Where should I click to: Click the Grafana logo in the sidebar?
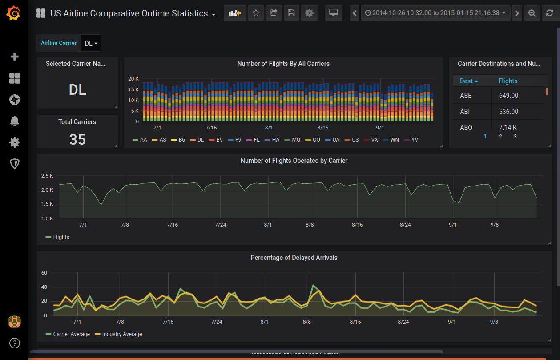(x=14, y=14)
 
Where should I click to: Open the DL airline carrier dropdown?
(x=91, y=43)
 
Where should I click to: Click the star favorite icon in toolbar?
(x=256, y=13)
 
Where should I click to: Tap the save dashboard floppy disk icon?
(x=291, y=13)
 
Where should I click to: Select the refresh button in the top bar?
(x=549, y=13)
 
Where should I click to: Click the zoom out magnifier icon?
(x=532, y=13)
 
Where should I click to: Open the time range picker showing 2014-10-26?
(x=435, y=13)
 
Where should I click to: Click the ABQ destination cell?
(x=466, y=128)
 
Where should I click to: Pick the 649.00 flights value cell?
(x=508, y=96)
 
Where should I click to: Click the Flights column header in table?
(x=508, y=81)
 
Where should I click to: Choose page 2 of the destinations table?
(x=500, y=137)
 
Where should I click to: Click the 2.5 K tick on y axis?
(x=47, y=176)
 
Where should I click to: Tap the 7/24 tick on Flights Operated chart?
(x=220, y=225)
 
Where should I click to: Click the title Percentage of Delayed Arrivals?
(x=294, y=258)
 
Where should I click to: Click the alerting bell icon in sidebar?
(x=15, y=121)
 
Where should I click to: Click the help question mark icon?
(x=15, y=343)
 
